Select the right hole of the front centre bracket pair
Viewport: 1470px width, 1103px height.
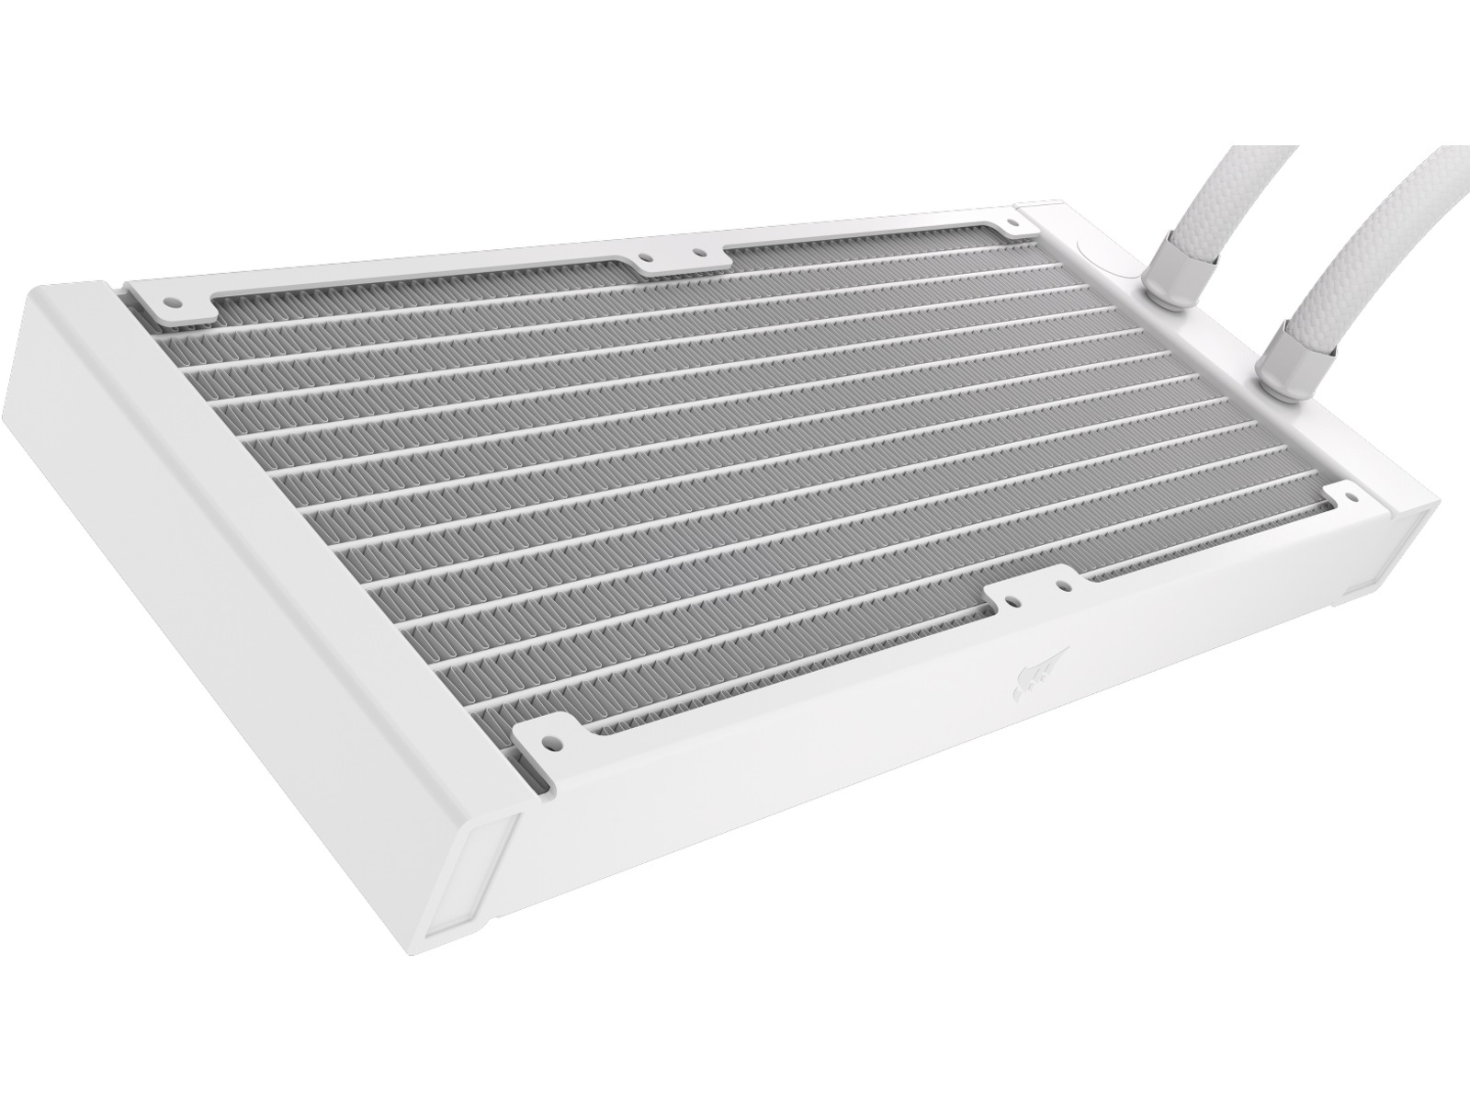pos(1063,583)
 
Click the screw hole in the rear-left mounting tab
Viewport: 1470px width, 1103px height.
pos(171,301)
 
